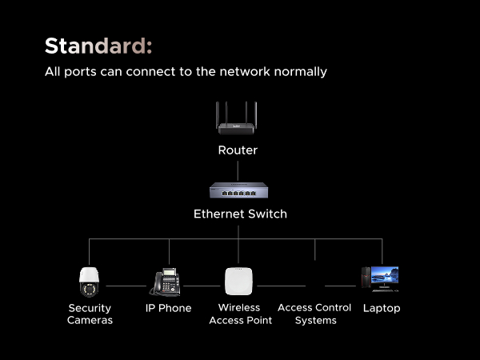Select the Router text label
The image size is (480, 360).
(238, 150)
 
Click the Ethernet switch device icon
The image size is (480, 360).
(238, 190)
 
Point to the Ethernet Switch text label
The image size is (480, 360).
(240, 214)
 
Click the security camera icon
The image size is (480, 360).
(88, 282)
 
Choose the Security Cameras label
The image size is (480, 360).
(90, 314)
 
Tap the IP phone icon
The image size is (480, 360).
(166, 282)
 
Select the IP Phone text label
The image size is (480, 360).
(168, 308)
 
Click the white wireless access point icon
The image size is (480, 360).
(238, 282)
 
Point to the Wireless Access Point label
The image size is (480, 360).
(240, 314)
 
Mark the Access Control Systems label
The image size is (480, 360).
(314, 314)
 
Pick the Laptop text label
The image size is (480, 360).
(382, 308)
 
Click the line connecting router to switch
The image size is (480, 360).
(238, 170)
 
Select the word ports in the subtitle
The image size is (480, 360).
(82, 72)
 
